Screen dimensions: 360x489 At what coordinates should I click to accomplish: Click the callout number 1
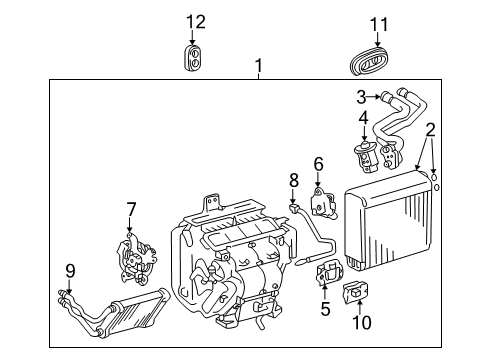coord(258,67)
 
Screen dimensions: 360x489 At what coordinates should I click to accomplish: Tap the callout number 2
coord(430,129)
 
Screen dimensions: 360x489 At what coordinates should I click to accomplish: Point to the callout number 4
coord(365,118)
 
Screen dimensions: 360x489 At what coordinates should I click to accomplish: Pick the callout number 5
coord(324,309)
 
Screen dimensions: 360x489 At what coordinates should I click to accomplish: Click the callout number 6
coord(319,163)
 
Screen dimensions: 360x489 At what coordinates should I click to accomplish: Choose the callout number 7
coord(131,209)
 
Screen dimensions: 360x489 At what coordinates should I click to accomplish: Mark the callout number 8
coord(294,181)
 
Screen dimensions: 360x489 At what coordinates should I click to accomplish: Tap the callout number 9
coord(70,269)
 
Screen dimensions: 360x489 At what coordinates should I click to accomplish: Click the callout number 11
coord(377,23)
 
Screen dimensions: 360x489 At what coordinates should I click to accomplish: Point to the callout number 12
coord(195,21)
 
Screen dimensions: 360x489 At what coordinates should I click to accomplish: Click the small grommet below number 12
coord(195,57)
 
